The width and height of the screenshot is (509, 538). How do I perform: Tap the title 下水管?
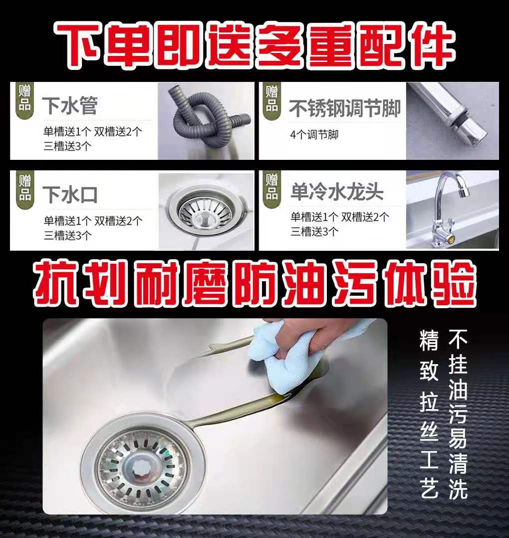click(x=69, y=105)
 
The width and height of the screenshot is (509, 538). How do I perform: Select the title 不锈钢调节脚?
click(x=345, y=107)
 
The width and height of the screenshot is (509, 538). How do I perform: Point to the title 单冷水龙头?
click(x=337, y=192)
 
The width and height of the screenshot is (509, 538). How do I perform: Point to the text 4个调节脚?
click(x=314, y=134)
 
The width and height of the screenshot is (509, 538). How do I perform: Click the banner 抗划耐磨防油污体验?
click(x=254, y=285)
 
